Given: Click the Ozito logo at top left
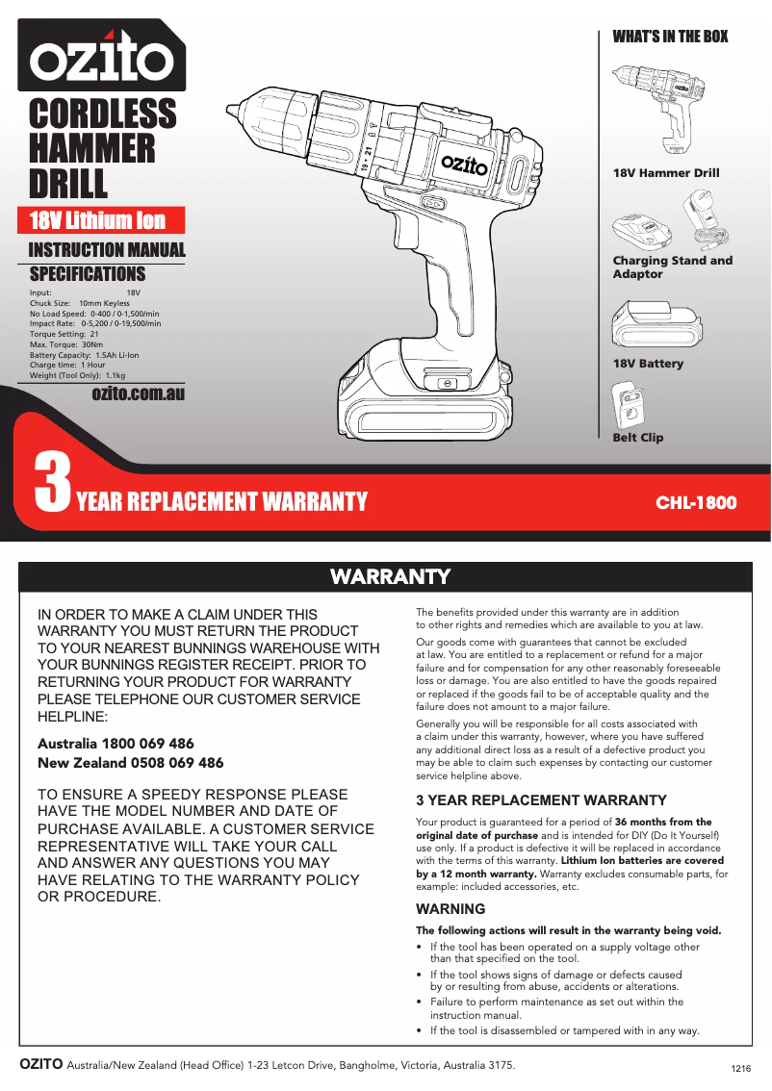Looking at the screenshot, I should tap(101, 60).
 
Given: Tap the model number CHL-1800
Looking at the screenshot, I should tap(696, 502).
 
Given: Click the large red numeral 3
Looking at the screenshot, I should tap(52, 484).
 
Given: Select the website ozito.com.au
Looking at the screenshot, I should tap(138, 393).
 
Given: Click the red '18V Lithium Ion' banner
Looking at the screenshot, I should tap(97, 220).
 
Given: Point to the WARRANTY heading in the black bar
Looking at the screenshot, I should tap(390, 576).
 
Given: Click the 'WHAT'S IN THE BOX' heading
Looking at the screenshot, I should tap(670, 37).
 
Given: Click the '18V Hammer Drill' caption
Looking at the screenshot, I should tap(666, 173).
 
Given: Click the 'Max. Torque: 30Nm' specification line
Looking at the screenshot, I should tap(66, 344).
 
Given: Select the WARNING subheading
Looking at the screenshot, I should tap(450, 909).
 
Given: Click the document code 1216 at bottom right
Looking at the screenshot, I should tap(740, 1069).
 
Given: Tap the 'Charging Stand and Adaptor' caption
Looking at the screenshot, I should tap(672, 267).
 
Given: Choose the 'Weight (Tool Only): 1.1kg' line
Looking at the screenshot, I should tap(78, 376).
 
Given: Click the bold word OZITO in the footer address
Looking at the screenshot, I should tap(41, 1064).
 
